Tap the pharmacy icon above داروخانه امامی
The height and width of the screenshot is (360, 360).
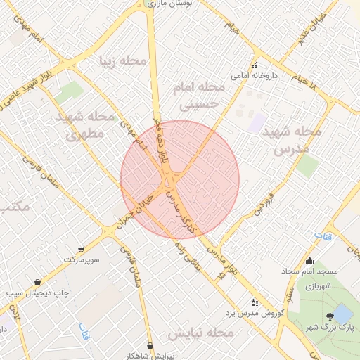pos(255,66)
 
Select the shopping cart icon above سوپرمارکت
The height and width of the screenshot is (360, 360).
pos(82,250)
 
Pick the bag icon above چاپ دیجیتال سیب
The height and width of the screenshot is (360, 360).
pos(36,282)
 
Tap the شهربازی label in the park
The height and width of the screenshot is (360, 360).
pos(314,286)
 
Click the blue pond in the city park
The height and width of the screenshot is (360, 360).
pos(343,313)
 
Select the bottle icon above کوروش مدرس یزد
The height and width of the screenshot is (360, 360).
pos(255,302)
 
